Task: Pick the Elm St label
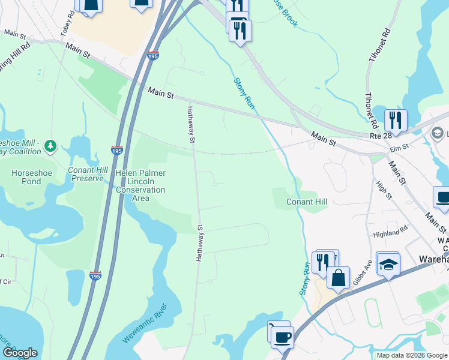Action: (398, 146)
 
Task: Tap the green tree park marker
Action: (50, 145)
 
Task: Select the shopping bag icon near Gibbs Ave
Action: (339, 278)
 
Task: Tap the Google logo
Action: (19, 353)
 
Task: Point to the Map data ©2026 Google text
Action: (411, 355)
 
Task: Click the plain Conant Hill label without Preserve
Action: (306, 202)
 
